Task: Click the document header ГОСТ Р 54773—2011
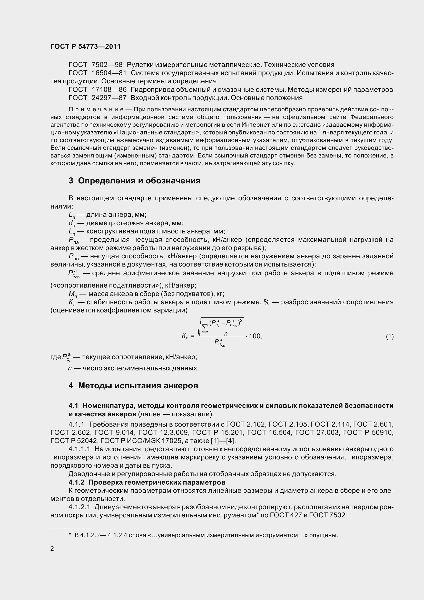85,46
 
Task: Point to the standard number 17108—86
109,90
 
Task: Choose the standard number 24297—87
109,98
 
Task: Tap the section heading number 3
71,181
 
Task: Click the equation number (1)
390,337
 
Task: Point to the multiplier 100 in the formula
255,336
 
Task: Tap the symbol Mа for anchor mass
73,294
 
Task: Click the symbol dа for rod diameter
72,223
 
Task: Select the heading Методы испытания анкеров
138,386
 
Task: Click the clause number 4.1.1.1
80,449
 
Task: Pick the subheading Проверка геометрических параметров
157,482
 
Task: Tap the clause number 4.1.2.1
80,507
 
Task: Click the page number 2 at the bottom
52,549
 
